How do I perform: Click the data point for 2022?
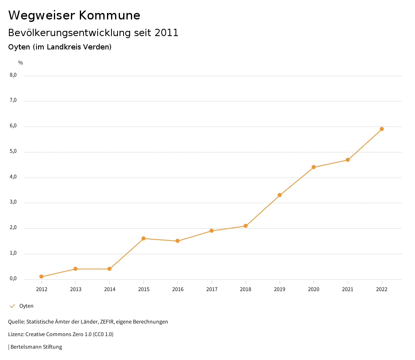(382, 129)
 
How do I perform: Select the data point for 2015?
(143, 238)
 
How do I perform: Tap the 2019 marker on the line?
(280, 195)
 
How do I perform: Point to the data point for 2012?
(41, 276)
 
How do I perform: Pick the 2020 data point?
(314, 167)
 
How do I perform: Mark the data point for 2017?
(212, 231)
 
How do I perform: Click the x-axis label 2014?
(109, 289)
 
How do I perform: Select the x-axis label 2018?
(246, 289)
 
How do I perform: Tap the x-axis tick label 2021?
(348, 289)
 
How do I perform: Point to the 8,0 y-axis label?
(13, 75)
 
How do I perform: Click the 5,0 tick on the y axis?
(13, 152)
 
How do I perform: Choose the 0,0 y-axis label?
(13, 279)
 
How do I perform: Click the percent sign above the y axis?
(21, 63)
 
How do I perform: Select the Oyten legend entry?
(26, 306)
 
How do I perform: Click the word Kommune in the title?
(109, 15)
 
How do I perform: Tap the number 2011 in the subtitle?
(167, 33)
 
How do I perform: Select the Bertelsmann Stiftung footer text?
(36, 347)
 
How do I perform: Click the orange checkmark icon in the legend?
(12, 306)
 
